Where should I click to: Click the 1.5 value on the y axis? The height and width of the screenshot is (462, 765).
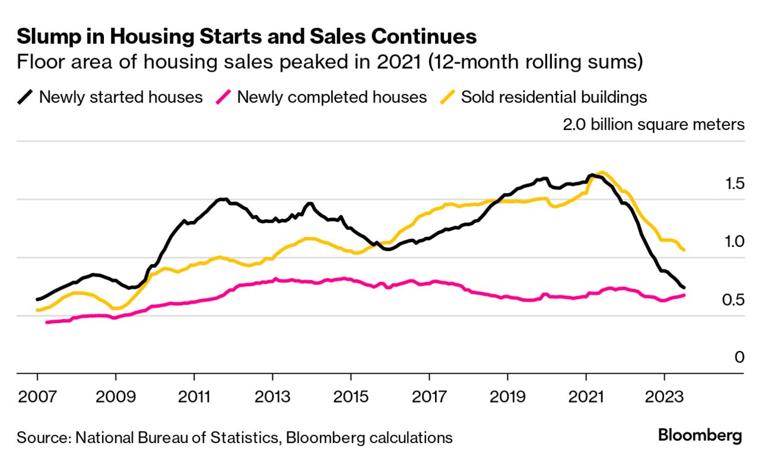point(731,183)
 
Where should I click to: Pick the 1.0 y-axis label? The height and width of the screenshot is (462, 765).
point(731,242)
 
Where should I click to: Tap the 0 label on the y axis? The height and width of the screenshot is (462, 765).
point(739,357)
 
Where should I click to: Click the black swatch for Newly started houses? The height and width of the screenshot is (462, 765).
point(25,97)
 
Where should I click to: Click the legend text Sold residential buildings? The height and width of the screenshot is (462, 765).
point(554,97)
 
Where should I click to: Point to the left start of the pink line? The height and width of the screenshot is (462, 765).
point(47,322)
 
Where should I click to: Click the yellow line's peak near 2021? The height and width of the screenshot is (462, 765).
point(602,173)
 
